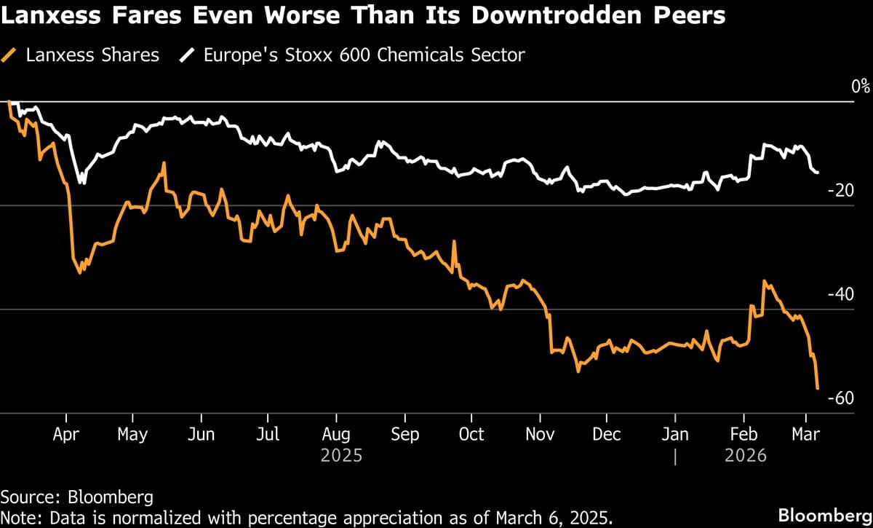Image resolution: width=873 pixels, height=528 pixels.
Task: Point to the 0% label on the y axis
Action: (x=861, y=87)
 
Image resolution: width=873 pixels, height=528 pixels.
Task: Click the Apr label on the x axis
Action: (x=66, y=434)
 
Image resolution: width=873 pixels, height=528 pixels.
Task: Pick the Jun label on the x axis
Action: (x=200, y=434)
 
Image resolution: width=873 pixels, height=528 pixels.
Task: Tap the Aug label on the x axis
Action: (x=335, y=434)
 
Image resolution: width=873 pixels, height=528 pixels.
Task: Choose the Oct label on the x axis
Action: (x=471, y=434)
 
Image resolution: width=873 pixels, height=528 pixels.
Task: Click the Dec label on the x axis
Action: (x=607, y=434)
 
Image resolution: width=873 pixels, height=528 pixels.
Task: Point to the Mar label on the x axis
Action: (x=805, y=434)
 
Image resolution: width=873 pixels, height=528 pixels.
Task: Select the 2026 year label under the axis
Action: (x=746, y=456)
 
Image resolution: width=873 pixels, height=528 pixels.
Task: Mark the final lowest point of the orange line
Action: (x=818, y=388)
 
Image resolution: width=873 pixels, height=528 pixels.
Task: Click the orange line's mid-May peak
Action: (x=164, y=163)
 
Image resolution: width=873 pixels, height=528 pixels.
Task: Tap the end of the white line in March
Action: (x=818, y=173)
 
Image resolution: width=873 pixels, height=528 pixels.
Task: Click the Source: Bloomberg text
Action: (x=77, y=497)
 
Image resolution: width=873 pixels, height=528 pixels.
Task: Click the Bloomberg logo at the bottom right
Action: (x=824, y=515)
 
